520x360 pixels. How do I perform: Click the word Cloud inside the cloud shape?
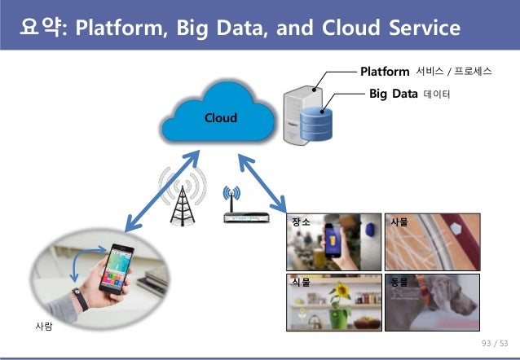(220, 118)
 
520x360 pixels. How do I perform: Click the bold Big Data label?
(393, 94)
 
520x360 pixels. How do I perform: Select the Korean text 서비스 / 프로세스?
(453, 72)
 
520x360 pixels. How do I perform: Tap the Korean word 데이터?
(437, 95)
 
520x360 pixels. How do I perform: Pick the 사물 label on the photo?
(399, 222)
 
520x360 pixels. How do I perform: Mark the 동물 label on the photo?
(399, 281)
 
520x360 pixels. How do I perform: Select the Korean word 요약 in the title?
(44, 29)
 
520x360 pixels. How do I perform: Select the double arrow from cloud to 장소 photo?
(262, 179)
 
